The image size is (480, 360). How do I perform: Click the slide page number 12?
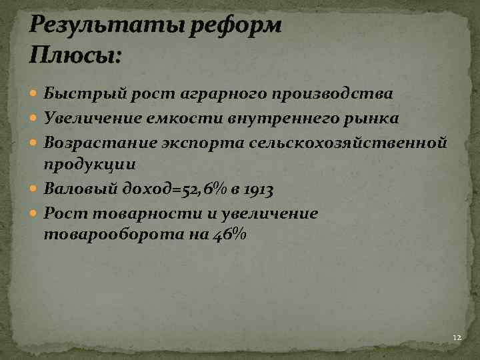coord(457,338)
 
